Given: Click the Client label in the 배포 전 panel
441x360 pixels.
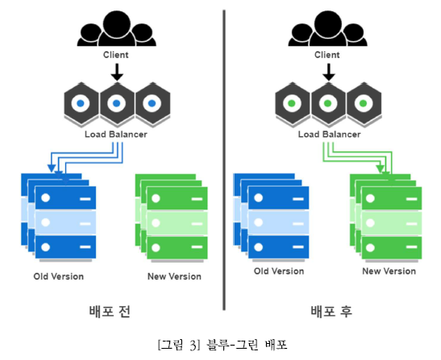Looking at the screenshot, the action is pyautogui.click(x=115, y=55).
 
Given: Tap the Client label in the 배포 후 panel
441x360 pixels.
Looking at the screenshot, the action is pyautogui.click(x=327, y=55).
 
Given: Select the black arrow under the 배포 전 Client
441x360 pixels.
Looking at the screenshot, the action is pyautogui.click(x=117, y=72).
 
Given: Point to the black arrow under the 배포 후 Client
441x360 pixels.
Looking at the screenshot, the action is pyautogui.click(x=328, y=72).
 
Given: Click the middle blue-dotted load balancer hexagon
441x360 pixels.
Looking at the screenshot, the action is pyautogui.click(x=117, y=104).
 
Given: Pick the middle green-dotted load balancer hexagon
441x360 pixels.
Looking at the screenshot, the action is pyautogui.click(x=328, y=104).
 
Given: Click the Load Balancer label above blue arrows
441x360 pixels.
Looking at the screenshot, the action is pyautogui.click(x=116, y=134).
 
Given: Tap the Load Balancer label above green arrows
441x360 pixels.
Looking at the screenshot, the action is pyautogui.click(x=330, y=134).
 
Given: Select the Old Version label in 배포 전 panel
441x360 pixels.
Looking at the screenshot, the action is pyautogui.click(x=59, y=276).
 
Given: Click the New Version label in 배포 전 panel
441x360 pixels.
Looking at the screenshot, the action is pyautogui.click(x=174, y=276).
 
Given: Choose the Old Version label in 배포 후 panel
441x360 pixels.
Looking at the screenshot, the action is pyautogui.click(x=279, y=271).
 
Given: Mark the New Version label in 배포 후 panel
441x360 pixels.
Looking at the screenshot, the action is pyautogui.click(x=389, y=271).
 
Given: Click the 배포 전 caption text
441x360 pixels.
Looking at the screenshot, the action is pyautogui.click(x=110, y=312).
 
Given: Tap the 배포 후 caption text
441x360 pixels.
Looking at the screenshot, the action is pyautogui.click(x=331, y=312).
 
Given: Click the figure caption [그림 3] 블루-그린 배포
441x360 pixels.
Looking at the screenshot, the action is pyautogui.click(x=223, y=345).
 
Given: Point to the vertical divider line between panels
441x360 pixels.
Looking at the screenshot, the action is pyautogui.click(x=224, y=160).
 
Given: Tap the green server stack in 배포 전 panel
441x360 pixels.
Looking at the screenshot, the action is pyautogui.click(x=172, y=217).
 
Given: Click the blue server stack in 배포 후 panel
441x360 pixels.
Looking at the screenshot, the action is pyautogui.click(x=271, y=217).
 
